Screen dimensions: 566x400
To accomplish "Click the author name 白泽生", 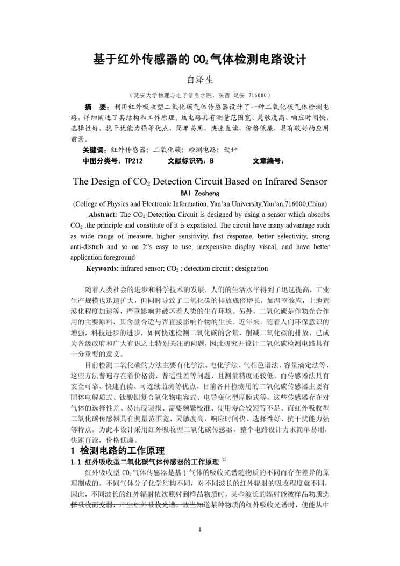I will [x=200, y=80].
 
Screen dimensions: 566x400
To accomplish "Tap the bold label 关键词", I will [x=95, y=150].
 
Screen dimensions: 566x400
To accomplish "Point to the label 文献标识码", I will [x=186, y=160].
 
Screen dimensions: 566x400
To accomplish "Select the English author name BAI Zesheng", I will [x=199, y=193].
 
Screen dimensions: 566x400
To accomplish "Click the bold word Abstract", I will [x=103, y=214].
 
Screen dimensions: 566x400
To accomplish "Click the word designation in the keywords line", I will [x=249, y=268].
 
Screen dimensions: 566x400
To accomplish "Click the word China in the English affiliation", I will [x=316, y=204].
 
